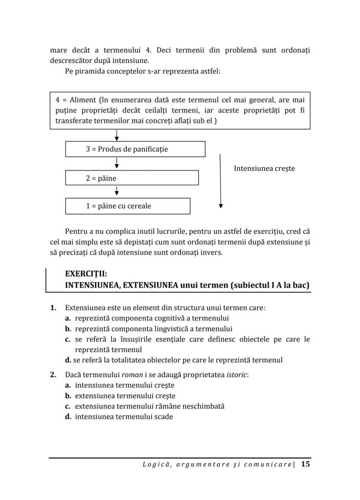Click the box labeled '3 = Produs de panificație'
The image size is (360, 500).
coord(135,149)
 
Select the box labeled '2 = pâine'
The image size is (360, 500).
coord(132,178)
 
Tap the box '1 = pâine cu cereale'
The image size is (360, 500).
coord(127,206)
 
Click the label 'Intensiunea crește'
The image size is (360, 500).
coord(264,168)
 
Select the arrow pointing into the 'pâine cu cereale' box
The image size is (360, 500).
coord(117,192)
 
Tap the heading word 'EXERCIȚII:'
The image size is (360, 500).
coord(86,274)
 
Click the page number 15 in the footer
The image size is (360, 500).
coord(305,464)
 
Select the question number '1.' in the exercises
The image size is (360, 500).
coord(53,308)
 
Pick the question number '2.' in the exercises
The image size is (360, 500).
coord(53,374)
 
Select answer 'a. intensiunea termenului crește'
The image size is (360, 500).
coord(120,385)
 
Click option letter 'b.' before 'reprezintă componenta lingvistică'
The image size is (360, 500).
coord(68,329)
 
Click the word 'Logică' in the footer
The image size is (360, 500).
coord(154,464)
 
